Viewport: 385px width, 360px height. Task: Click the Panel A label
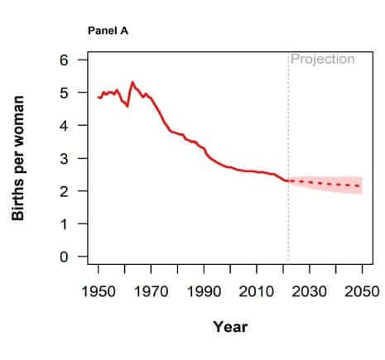coord(108,31)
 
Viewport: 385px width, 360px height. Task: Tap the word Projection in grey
coord(323,60)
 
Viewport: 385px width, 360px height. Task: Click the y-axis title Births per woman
coord(18,158)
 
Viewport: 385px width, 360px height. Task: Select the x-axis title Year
coord(230,327)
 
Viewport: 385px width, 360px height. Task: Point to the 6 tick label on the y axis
coord(64,60)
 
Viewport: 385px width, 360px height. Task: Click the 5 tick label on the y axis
coord(64,93)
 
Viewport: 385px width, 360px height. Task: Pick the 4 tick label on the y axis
coord(64,126)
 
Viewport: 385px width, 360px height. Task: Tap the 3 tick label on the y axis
coord(64,158)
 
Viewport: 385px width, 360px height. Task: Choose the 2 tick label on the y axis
coord(64,191)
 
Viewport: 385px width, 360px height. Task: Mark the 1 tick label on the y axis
coord(64,223)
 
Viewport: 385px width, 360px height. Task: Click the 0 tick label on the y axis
coord(64,257)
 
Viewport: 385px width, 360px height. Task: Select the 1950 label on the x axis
coord(99,291)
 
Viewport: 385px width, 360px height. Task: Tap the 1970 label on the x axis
coord(151,291)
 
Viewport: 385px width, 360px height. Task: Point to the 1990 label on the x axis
coord(204,291)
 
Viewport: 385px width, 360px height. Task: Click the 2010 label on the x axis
coord(257,291)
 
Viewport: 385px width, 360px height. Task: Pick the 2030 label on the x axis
coord(310,291)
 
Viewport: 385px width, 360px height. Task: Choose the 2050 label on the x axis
coord(362,291)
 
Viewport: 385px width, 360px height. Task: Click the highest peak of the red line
coord(132,82)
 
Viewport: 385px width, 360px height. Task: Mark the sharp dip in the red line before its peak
coord(128,106)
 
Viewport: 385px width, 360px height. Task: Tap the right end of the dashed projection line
coord(360,186)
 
